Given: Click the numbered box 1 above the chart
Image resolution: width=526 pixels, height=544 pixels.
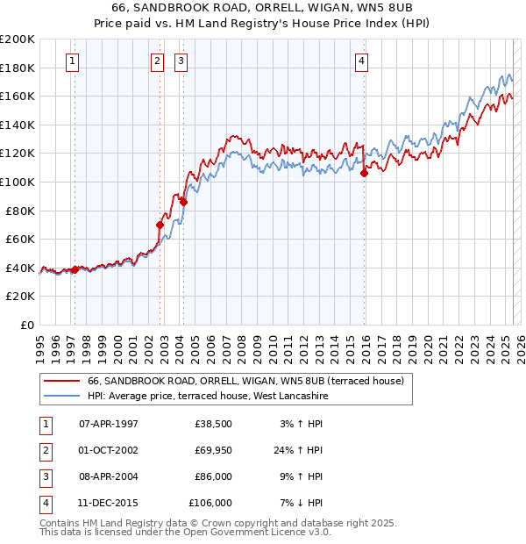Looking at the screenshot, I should pos(71,61).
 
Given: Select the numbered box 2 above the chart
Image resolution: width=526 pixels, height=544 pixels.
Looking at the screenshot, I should pos(157,61).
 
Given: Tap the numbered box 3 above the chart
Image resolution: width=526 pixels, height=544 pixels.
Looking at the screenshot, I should pos(181,61).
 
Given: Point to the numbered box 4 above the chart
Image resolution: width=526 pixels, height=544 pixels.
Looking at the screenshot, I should pos(361,61).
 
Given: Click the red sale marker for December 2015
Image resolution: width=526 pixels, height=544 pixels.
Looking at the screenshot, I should pos(364,174).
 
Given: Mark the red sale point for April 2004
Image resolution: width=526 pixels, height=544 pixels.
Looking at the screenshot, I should pos(184,202).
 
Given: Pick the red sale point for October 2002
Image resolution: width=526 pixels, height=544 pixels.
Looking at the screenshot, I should pos(160,225).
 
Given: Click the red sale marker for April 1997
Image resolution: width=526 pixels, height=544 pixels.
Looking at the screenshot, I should pos(75,269).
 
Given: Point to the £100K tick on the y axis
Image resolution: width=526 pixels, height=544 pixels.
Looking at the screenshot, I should pos(18,182).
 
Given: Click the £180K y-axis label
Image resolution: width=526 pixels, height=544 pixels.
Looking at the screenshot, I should pos(18,68).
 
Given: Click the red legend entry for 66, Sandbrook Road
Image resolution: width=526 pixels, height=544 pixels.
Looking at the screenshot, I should pos(245,382).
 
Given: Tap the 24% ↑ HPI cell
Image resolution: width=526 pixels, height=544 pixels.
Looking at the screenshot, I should pos(299,450).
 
